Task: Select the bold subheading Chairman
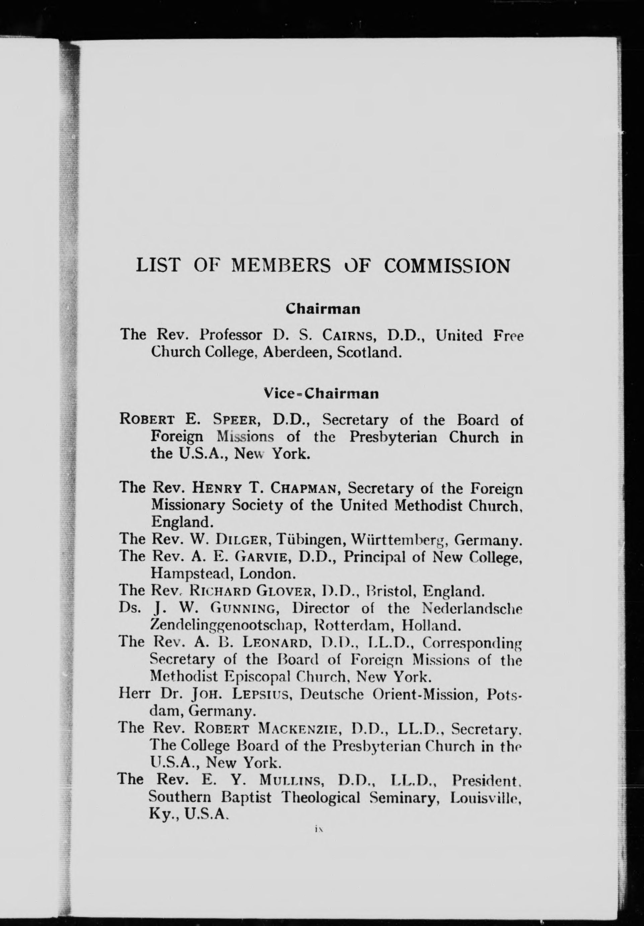(323, 309)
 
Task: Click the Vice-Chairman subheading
(321, 393)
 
